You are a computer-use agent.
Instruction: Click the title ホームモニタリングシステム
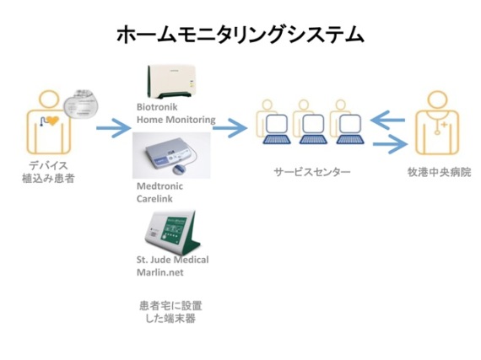coord(240,35)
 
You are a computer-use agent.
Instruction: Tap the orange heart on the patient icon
coord(52,121)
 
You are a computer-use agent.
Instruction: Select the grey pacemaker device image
coord(81,104)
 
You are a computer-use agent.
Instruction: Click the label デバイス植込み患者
coord(48,172)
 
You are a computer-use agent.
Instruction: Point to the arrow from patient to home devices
coord(114,128)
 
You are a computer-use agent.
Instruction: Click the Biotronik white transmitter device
coord(172,81)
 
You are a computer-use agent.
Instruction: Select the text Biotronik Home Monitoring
coord(176,113)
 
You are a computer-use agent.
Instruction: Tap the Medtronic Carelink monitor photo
coord(171,155)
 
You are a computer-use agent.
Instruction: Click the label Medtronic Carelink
coord(159,192)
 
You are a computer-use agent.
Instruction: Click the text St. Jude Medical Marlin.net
coord(172,266)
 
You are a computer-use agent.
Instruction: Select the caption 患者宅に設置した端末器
coord(170,312)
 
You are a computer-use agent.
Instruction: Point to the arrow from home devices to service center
coord(230,128)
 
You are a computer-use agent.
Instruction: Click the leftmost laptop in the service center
coord(277,130)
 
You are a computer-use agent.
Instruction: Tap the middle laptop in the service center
coord(313,130)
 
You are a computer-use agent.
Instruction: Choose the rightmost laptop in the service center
coord(350,130)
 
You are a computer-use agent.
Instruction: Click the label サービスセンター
coord(312,172)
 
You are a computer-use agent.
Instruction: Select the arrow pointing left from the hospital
coord(387,120)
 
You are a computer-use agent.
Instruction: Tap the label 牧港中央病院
coord(440,172)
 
